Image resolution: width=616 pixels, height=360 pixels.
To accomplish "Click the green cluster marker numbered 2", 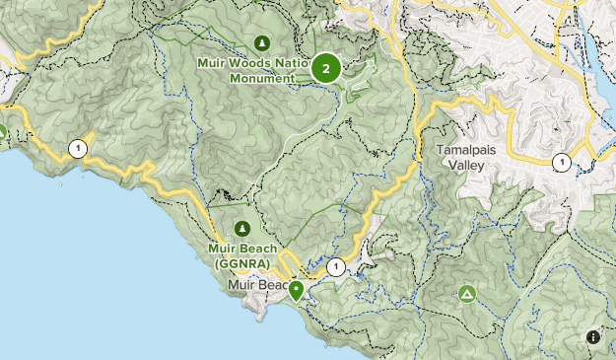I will (x=326, y=68).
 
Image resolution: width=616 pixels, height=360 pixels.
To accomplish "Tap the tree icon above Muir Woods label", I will (x=261, y=42).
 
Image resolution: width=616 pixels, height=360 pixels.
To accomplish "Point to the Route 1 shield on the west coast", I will (x=77, y=149).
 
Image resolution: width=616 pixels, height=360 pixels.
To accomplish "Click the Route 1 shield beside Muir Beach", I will (x=336, y=266).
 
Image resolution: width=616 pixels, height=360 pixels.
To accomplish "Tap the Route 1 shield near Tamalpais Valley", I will (x=561, y=162).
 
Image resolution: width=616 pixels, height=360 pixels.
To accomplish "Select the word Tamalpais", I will (x=468, y=151).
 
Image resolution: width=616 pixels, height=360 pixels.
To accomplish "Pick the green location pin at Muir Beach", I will (x=296, y=289).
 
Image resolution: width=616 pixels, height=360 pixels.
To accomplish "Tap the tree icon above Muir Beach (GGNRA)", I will (x=241, y=228).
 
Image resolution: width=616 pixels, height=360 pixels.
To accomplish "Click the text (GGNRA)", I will (x=241, y=262).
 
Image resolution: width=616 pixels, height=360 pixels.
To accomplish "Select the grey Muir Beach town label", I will (x=254, y=286).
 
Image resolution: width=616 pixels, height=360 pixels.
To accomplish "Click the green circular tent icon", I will (x=467, y=294).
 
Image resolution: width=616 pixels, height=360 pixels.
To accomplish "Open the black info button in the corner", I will (x=592, y=336).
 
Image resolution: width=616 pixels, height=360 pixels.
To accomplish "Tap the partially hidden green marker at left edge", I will (x=3, y=131).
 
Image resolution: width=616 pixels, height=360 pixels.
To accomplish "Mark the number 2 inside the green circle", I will (x=326, y=68).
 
